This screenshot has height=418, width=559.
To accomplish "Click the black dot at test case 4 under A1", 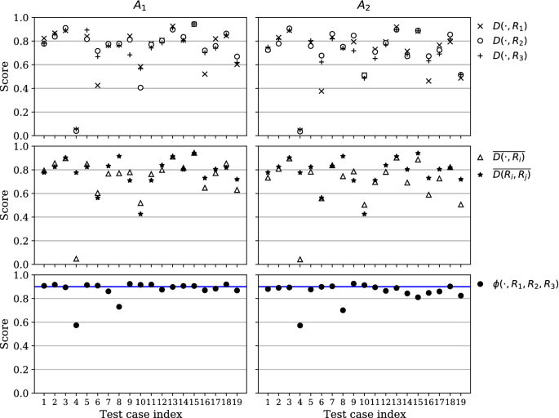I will tap(76, 325).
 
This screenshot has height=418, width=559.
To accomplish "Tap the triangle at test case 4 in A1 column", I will tap(76, 259).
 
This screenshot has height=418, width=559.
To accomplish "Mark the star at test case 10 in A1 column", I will tap(140, 214).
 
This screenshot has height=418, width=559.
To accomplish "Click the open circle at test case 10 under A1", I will tap(140, 87).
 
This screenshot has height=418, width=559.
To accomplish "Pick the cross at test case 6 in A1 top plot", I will tap(97, 86).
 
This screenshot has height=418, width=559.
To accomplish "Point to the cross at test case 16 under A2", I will tap(428, 81).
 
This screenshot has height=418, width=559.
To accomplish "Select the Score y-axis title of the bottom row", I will tap(7, 334).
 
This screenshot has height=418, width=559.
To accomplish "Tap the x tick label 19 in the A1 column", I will tap(237, 400).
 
